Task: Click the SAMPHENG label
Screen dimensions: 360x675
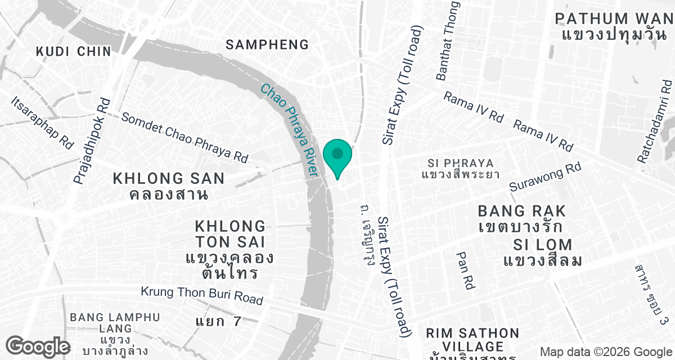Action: (x=267, y=45)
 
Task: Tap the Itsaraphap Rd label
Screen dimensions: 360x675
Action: (x=42, y=121)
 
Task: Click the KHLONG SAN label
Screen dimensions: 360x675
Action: (x=169, y=179)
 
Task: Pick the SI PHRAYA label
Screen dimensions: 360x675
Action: (x=460, y=163)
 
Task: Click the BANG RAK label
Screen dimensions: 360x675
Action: (x=521, y=211)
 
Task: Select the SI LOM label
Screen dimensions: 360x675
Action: (x=543, y=245)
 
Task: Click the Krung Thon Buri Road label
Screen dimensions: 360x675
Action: (x=202, y=295)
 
